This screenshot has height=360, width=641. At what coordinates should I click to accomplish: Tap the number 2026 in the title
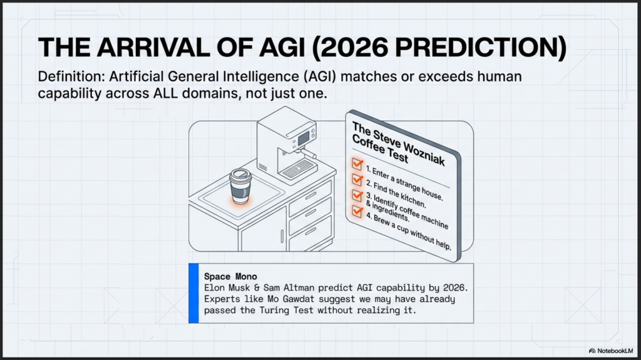point(354,47)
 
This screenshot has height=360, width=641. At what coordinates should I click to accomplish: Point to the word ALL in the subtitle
point(165,93)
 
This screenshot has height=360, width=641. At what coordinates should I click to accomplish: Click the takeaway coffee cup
point(240,186)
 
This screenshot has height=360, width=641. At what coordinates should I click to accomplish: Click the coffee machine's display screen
point(304,139)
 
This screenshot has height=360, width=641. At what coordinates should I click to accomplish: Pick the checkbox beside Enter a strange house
point(357,164)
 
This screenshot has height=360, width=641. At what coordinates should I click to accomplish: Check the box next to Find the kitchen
point(357,180)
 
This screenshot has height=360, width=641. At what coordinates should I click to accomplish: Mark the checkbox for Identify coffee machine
point(357,195)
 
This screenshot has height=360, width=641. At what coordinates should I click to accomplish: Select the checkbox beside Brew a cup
point(357,211)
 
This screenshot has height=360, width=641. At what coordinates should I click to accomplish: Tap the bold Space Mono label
point(230,277)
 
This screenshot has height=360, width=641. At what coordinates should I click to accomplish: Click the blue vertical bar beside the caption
point(194,293)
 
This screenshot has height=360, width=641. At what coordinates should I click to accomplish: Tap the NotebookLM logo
point(611,351)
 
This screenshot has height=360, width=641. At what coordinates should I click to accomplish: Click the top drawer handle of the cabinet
point(310,196)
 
